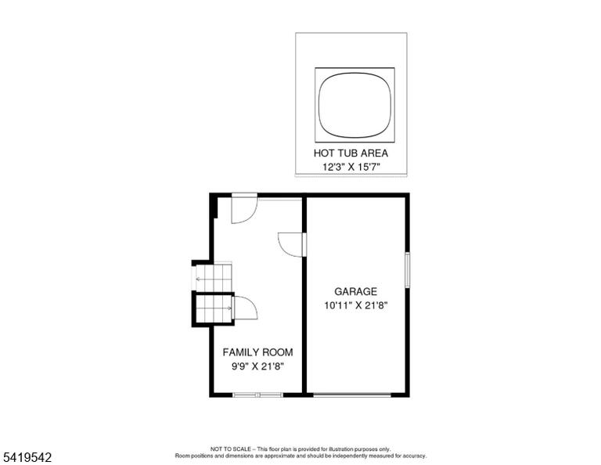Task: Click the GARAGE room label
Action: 356,292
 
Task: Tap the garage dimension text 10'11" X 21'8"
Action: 356,306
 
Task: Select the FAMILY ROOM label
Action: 257,352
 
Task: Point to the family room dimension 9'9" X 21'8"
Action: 257,366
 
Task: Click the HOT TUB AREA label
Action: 351,153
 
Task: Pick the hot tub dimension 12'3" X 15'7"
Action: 351,168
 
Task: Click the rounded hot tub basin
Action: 354,105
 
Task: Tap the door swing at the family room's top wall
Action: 244,208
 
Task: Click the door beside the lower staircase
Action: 245,308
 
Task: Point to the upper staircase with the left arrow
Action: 214,278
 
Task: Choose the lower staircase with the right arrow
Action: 214,308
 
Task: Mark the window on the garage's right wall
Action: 408,270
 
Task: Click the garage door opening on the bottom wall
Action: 352,395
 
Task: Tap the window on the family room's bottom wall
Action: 258,395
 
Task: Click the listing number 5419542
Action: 27,457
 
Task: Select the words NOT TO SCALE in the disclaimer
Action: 230,449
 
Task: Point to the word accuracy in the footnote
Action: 414,456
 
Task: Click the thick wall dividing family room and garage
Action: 304,294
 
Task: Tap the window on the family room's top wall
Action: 280,199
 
